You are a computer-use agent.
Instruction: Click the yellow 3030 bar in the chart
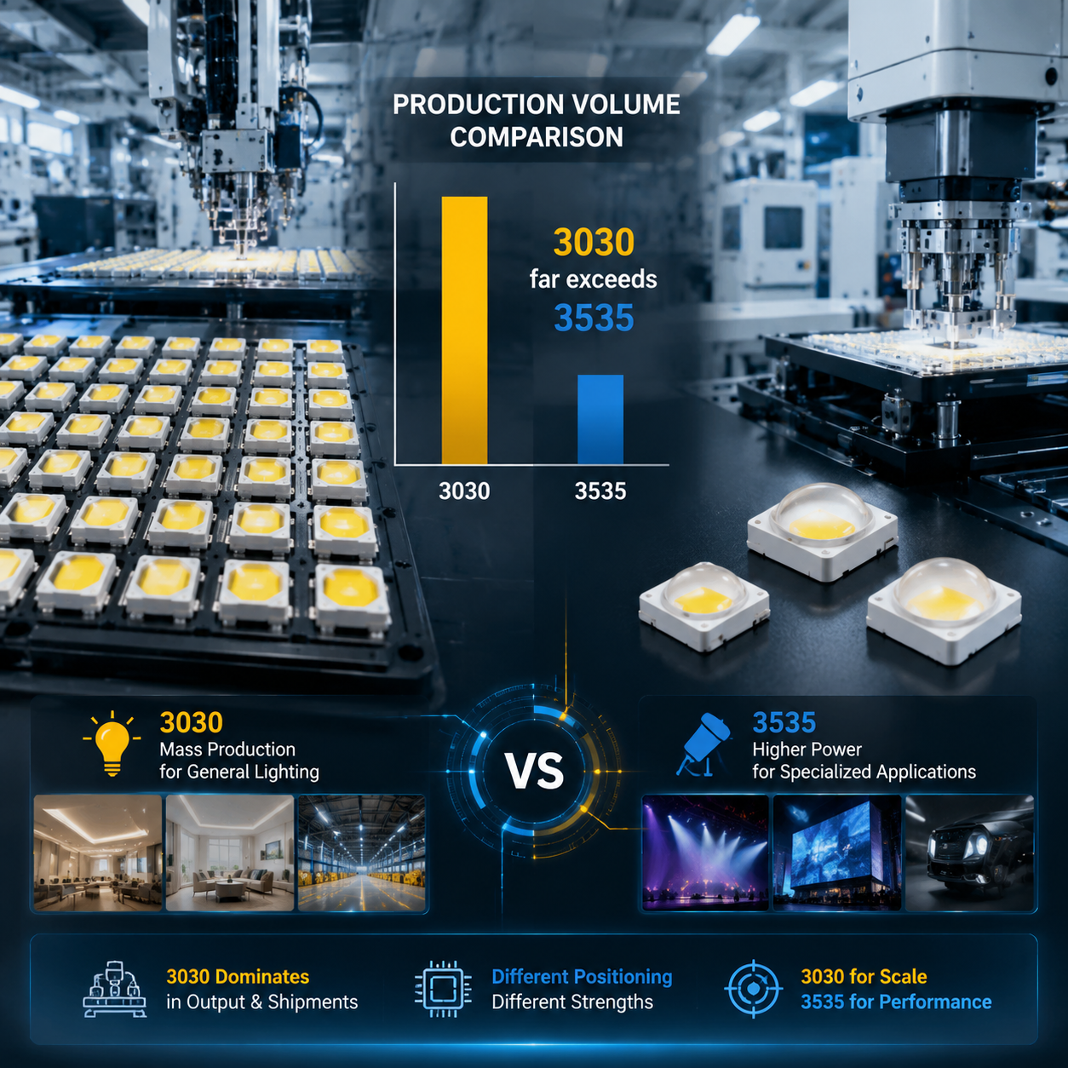464,330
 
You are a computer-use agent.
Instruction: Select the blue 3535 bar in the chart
600,420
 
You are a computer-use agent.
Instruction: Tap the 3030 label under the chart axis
464,491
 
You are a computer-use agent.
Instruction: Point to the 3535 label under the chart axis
600,491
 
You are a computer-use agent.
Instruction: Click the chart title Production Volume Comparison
537,121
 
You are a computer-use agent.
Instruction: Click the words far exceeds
593,278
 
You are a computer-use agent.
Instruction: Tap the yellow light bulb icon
112,744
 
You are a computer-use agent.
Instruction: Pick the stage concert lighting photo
705,853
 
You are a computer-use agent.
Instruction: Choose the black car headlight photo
969,853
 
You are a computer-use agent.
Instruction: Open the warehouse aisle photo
361,853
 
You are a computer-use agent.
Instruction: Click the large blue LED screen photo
837,853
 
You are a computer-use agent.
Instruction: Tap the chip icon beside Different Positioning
443,989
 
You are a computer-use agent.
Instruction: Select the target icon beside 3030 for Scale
753,989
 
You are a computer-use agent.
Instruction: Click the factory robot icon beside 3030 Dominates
115,989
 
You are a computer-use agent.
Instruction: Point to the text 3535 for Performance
896,1002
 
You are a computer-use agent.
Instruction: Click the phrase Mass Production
227,749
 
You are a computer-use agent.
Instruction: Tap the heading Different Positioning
582,977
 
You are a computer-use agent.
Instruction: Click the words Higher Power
807,749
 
